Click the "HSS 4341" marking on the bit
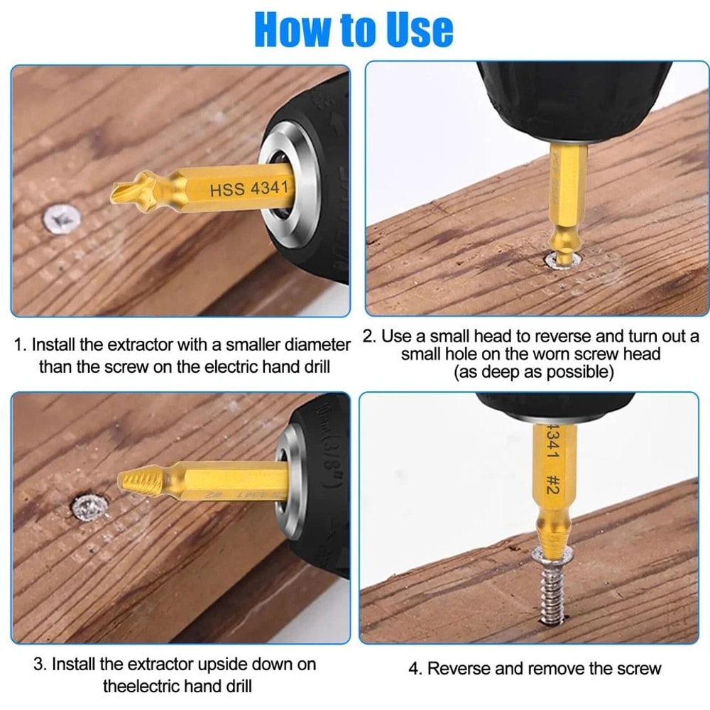(248, 189)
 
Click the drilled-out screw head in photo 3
(90, 506)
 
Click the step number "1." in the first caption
(21, 346)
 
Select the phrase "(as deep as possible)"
(533, 373)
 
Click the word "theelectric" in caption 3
(138, 686)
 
